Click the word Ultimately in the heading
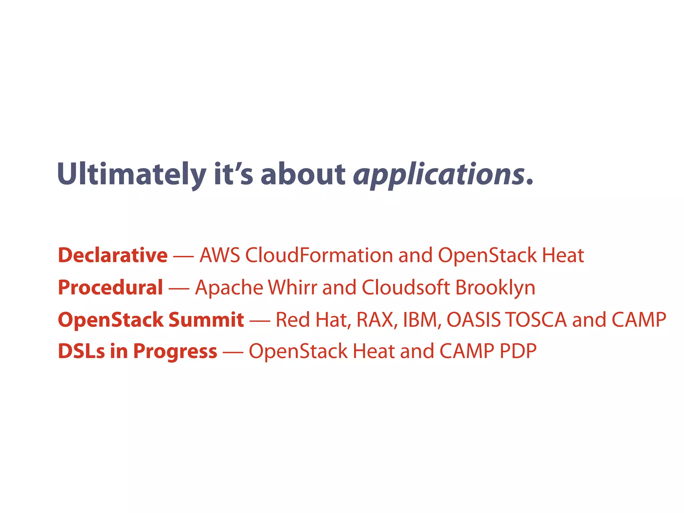coord(132,174)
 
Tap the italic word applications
coord(439,174)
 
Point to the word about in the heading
coord(303,174)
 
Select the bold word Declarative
coord(113,255)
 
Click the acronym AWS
coord(219,255)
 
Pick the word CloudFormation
coord(319,255)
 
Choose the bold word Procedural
coord(110,288)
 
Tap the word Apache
coord(229,288)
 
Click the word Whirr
coord(292,288)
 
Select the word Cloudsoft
coord(405,288)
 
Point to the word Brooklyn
coord(495,288)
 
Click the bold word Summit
coord(206,320)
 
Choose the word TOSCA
coord(536,320)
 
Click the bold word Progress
coord(175,351)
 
